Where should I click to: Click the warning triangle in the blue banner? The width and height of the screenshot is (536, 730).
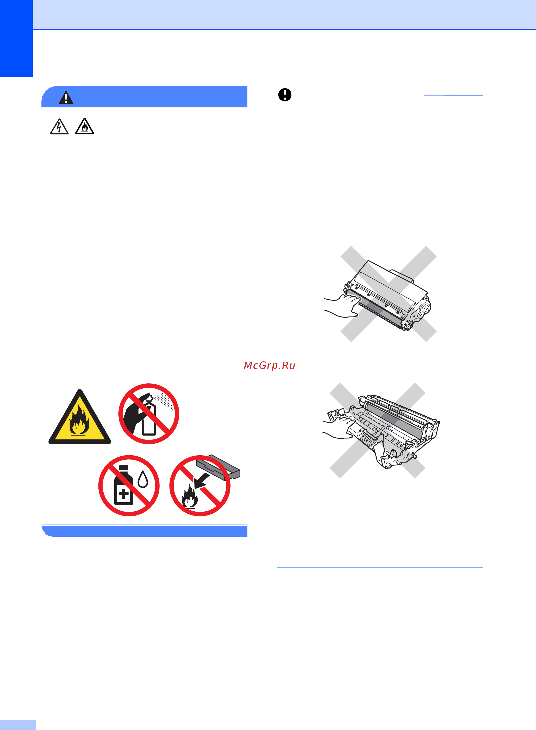tap(66, 98)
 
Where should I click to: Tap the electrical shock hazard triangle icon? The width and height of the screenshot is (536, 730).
tap(59, 126)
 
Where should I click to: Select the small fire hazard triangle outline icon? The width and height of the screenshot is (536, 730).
tap(85, 126)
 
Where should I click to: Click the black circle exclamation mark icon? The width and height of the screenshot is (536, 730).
tap(285, 95)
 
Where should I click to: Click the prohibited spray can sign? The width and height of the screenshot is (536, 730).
tap(149, 414)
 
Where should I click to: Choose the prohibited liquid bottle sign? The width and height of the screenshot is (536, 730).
tap(129, 485)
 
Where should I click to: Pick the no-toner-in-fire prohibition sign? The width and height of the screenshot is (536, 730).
tap(200, 486)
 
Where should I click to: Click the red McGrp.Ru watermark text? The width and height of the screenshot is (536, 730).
tap(270, 365)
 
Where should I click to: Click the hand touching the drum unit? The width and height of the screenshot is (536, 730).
tap(339, 427)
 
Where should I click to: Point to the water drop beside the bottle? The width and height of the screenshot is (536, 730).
tap(143, 479)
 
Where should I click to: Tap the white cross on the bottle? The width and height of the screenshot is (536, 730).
tap(124, 495)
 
